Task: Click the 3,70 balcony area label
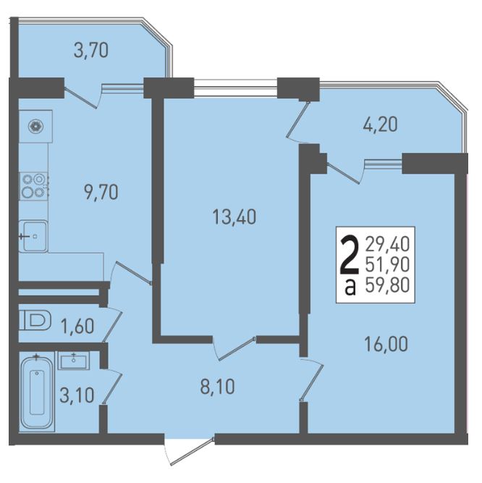[x=91, y=51]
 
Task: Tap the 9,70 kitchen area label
[x=101, y=193]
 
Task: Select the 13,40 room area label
[x=234, y=217]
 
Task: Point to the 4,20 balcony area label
[x=380, y=125]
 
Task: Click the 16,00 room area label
[x=386, y=344]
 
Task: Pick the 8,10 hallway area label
[x=217, y=387]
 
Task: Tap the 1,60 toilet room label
[x=77, y=326]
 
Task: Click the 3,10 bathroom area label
[x=77, y=395]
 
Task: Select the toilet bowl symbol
[x=35, y=320]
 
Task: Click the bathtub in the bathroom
[x=37, y=392]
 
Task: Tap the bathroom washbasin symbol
[x=74, y=361]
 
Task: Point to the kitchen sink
[x=33, y=236]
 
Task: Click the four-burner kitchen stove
[x=33, y=186]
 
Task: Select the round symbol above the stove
[x=35, y=126]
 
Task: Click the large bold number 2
[x=350, y=255]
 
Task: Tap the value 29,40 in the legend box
[x=387, y=245]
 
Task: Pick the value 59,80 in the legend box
[x=387, y=285]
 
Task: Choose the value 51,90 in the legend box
[x=387, y=264]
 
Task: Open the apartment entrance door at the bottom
[x=190, y=450]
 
